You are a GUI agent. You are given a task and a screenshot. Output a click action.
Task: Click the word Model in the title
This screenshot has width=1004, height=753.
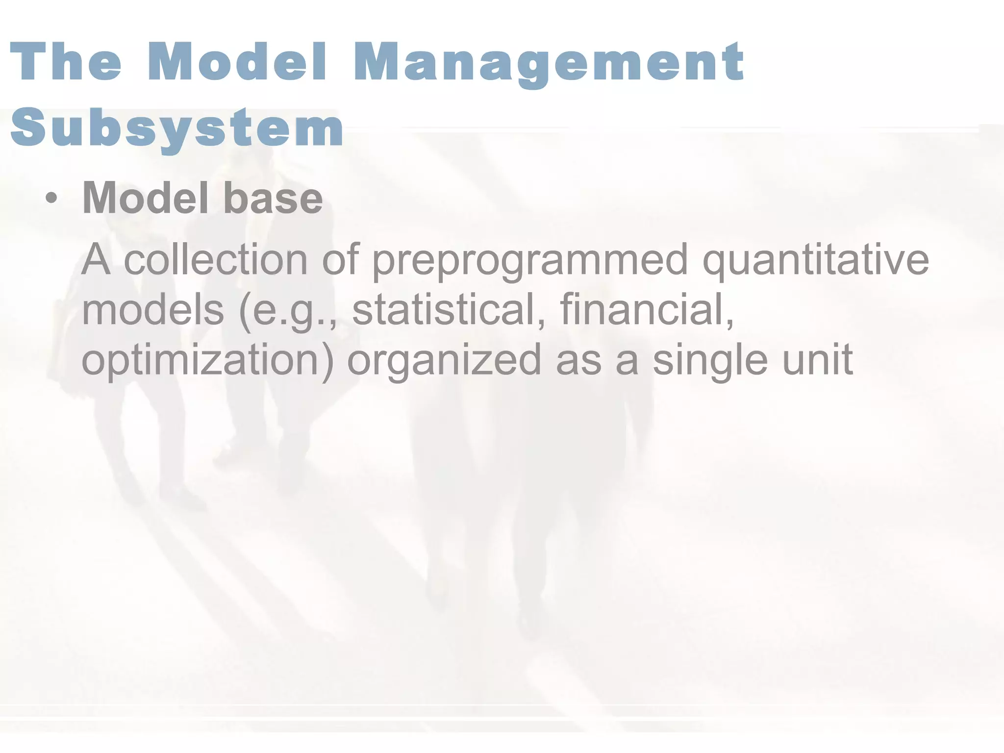pyautogui.click(x=237, y=62)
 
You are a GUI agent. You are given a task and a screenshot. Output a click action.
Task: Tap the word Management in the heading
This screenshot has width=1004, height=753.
pyautogui.click(x=549, y=64)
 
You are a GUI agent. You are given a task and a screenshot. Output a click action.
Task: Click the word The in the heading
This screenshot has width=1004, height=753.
pyautogui.click(x=66, y=62)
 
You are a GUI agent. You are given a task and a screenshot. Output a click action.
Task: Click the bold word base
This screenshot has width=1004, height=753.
pyautogui.click(x=273, y=198)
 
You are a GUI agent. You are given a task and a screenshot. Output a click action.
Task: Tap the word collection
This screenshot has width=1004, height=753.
pyautogui.click(x=216, y=259)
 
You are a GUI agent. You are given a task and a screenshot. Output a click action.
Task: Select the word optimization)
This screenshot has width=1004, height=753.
pyautogui.click(x=207, y=361)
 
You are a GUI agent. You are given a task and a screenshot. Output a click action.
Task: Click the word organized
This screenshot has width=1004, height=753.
pyautogui.click(x=444, y=361)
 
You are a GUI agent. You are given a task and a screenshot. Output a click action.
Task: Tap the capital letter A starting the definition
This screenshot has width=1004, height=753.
pyautogui.click(x=96, y=259)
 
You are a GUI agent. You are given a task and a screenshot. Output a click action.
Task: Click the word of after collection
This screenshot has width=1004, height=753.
pyautogui.click(x=340, y=259)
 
